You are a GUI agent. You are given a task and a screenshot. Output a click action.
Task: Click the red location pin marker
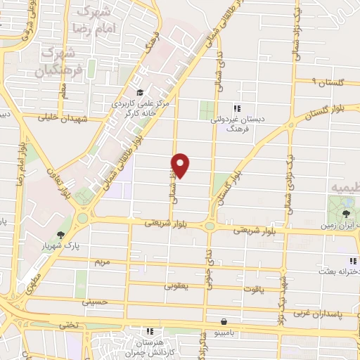click(181, 164)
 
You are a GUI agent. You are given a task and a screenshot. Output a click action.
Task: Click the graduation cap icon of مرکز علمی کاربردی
click(140, 92)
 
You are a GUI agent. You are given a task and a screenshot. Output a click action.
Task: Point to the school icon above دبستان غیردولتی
click(237, 108)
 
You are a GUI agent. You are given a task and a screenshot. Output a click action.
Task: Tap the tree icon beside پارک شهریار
click(62, 235)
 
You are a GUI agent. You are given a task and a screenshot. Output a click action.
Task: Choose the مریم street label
click(103, 262)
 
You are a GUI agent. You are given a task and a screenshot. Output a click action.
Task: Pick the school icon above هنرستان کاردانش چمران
click(149, 330)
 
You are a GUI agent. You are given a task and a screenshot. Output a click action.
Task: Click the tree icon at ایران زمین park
click(347, 211)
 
